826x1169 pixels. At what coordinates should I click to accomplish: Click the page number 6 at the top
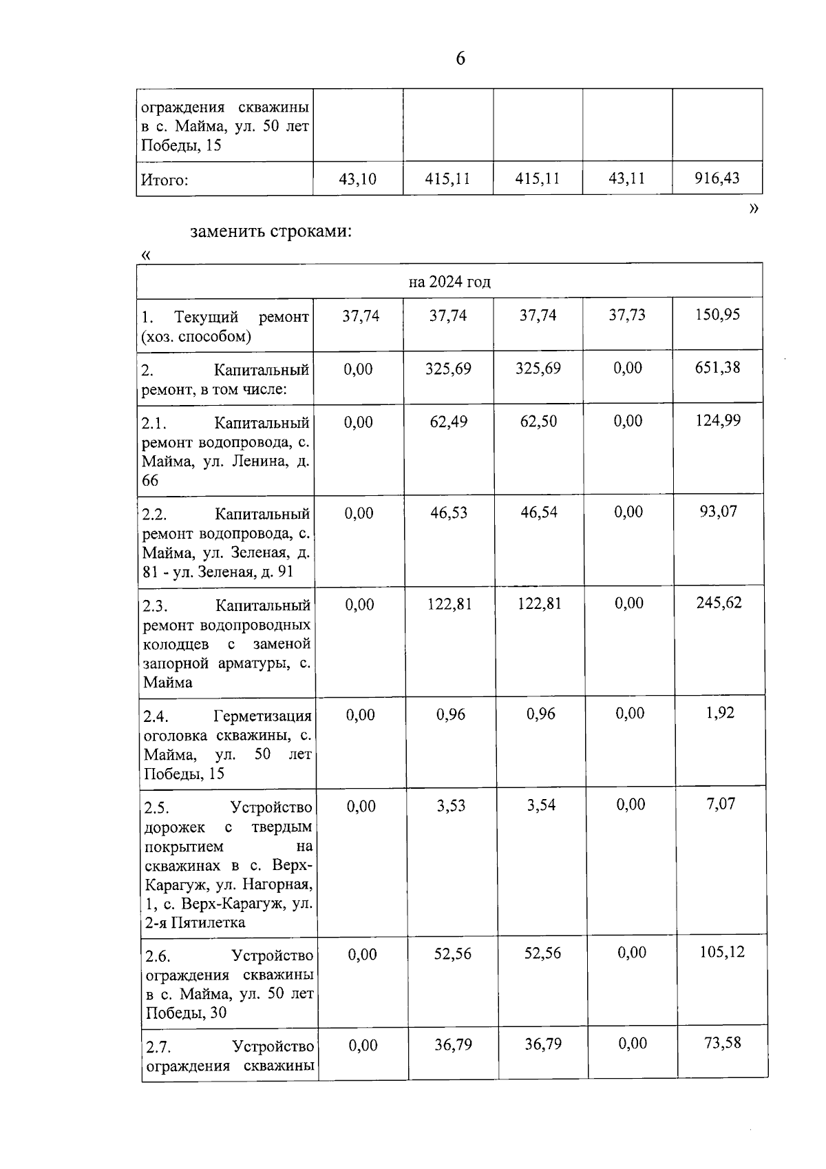pos(460,59)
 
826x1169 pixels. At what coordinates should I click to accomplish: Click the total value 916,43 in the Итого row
pos(717,178)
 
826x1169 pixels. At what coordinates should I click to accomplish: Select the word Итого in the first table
pos(165,180)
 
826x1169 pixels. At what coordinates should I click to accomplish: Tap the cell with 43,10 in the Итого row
pos(358,179)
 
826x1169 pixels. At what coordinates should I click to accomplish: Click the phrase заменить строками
pos(271,231)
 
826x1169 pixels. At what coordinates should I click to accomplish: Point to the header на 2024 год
pos(449,282)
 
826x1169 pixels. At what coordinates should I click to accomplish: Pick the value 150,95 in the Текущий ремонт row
pos(718,315)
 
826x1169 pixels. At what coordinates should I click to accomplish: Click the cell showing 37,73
pos(627,315)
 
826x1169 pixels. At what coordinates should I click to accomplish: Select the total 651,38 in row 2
pos(718,367)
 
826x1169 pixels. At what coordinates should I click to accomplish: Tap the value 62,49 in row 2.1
pos(449,422)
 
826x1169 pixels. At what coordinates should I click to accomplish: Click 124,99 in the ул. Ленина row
pos(718,420)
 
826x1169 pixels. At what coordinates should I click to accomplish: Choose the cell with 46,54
pos(539,513)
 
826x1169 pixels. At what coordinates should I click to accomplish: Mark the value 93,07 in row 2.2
pos(719,512)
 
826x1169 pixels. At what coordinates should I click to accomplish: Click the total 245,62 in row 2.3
pos(719,603)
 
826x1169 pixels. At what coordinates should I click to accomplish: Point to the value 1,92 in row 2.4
pos(721,713)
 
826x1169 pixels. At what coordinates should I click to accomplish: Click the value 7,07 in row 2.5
pos(721,804)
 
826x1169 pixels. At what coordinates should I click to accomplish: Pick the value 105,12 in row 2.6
pos(722,952)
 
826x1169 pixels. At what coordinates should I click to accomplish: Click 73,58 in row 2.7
pos(723,1043)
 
